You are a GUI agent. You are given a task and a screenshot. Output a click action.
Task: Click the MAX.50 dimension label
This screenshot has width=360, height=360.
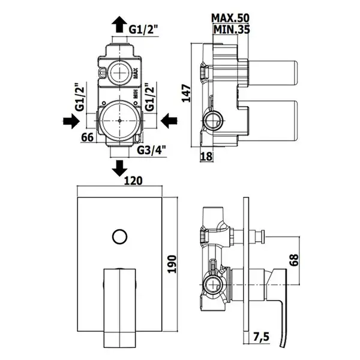coord(230,18)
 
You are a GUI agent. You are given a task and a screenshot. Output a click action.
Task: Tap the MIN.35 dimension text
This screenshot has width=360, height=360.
coord(232,29)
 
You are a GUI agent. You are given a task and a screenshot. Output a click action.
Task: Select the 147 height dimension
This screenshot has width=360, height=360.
coord(186,94)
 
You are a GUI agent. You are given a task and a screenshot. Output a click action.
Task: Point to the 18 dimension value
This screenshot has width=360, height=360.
coord(206,157)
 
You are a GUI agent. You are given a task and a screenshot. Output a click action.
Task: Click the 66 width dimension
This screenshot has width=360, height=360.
coord(88,137)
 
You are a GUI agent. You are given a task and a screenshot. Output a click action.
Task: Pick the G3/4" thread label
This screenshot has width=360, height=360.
coord(152,151)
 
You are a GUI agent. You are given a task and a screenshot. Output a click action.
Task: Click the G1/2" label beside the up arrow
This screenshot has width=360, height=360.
coord(143,29)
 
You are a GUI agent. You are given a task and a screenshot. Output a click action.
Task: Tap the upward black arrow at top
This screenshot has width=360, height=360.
coord(119,25)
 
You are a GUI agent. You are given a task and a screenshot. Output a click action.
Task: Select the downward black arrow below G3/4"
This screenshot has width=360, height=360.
coord(119,168)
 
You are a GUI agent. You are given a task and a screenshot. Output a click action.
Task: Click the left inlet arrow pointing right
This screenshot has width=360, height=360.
coord(71,121)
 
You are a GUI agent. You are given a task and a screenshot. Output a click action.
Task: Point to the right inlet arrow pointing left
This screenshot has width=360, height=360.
coord(169,121)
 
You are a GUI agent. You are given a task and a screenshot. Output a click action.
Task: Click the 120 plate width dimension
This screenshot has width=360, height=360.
coord(133,181)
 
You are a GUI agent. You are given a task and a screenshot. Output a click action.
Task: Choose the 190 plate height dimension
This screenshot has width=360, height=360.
coord(172,264)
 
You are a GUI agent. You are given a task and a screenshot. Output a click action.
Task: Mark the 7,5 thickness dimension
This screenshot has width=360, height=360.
coord(261,337)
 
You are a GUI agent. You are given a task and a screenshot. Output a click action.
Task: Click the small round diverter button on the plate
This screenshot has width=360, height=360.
coord(119,237)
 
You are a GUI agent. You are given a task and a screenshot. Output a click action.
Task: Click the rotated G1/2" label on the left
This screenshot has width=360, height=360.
coord(80,97)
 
